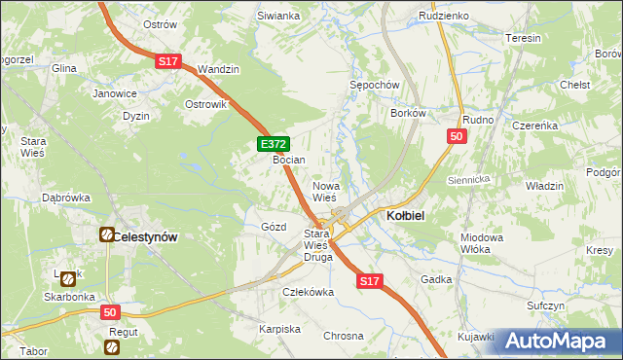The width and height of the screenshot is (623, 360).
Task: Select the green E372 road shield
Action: point(273,144)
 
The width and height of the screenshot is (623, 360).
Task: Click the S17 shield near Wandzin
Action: point(168,61)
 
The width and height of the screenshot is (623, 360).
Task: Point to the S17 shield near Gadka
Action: point(368,280)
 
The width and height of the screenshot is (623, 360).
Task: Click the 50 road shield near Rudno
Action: point(457,137)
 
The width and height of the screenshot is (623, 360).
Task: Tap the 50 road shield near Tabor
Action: point(111,312)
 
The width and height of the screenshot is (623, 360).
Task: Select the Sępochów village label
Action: point(375,85)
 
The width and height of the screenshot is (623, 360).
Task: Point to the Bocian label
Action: point(289,160)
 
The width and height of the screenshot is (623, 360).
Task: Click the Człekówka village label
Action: point(308,291)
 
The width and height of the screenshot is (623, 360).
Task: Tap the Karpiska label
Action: point(279,329)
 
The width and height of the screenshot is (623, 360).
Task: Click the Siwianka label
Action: point(277,16)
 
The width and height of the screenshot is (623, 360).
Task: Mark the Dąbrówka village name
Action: point(65,198)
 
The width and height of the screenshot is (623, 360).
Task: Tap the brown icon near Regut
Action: point(113,346)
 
